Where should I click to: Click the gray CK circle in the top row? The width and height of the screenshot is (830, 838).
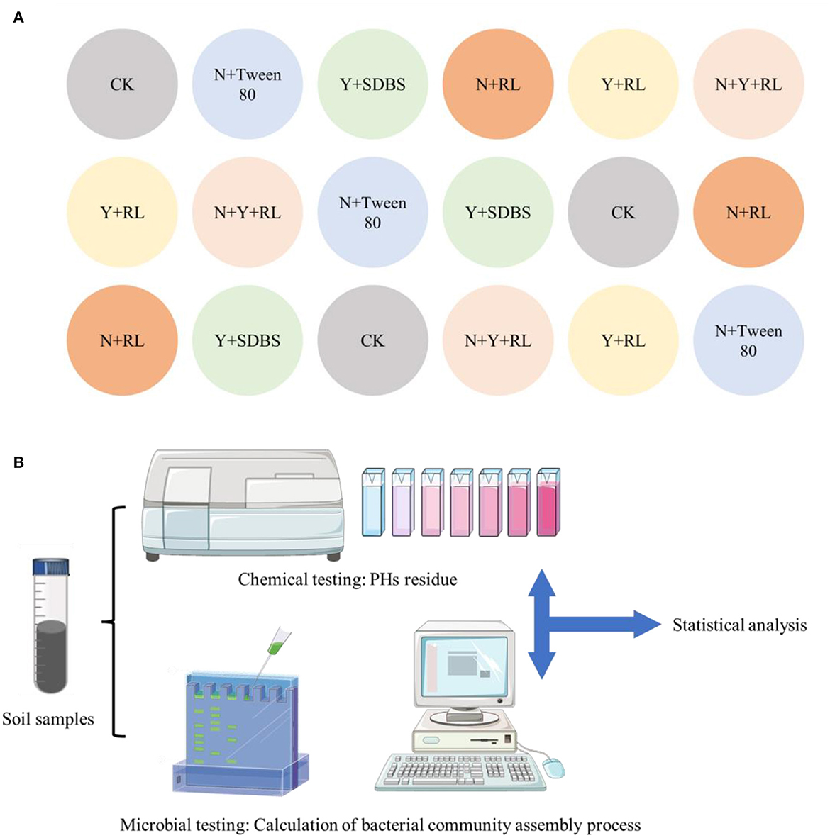click(122, 84)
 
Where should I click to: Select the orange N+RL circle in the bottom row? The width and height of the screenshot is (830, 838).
click(122, 340)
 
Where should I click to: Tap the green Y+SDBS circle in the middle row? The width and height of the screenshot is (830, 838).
click(498, 212)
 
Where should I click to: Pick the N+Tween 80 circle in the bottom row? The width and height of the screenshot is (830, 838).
click(748, 340)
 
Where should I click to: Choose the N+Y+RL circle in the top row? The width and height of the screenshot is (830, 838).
click(748, 84)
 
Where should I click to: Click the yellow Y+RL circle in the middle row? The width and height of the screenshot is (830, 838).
click(122, 212)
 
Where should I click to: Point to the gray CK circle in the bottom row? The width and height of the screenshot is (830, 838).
click(372, 340)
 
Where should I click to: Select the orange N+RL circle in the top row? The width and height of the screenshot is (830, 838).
click(498, 84)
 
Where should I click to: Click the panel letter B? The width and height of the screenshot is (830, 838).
click(18, 463)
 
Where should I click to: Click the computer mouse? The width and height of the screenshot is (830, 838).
click(553, 766)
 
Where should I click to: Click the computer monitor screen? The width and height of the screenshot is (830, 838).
click(465, 664)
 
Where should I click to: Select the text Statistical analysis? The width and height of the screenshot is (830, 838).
click(739, 625)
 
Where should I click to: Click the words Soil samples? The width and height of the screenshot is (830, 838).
click(48, 720)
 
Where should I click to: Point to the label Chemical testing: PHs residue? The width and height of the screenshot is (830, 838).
click(347, 580)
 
